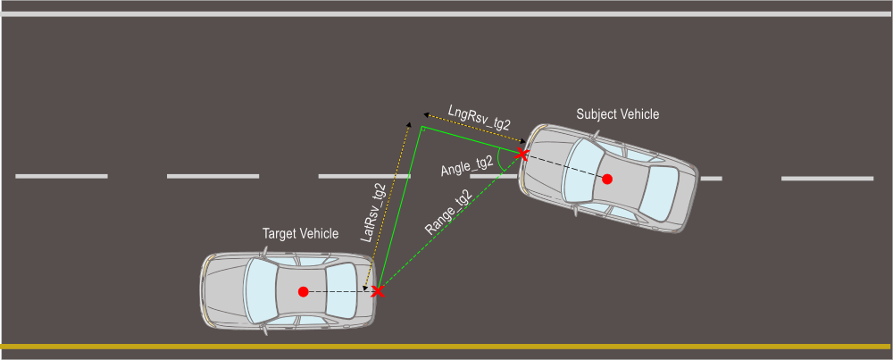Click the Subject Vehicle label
pos(617,114)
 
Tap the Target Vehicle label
pos(300,234)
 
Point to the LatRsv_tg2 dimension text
pos(374,213)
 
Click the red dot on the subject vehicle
pos(607,179)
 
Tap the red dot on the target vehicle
pos(304,291)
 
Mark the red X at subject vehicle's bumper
pos(522,155)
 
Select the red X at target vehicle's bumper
pos(378,292)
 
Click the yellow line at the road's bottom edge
pos(446,346)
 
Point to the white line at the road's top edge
pos(446,14)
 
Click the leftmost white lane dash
pos(62,176)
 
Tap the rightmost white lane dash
pos(827,179)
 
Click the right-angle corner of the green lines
pos(422,128)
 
